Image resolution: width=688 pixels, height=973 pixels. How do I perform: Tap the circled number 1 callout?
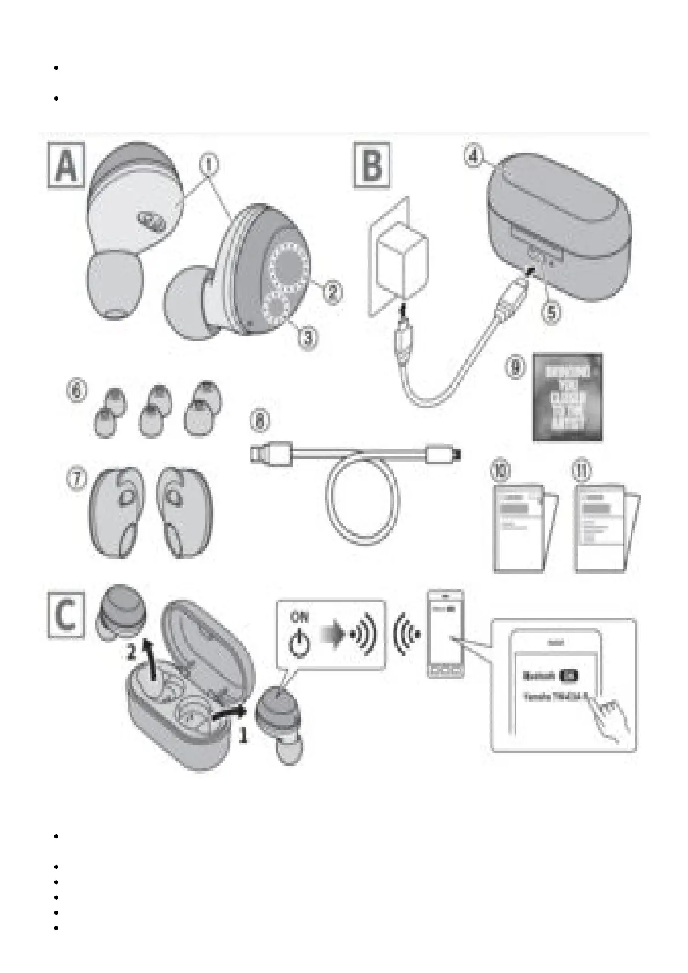(209, 164)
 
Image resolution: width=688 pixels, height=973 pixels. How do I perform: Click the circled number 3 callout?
(308, 336)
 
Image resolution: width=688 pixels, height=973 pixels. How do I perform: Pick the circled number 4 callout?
(474, 157)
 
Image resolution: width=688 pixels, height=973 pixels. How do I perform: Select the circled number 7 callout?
(77, 479)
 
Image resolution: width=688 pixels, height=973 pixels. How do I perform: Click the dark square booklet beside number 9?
(567, 397)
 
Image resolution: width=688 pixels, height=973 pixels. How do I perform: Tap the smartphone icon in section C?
(445, 634)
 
